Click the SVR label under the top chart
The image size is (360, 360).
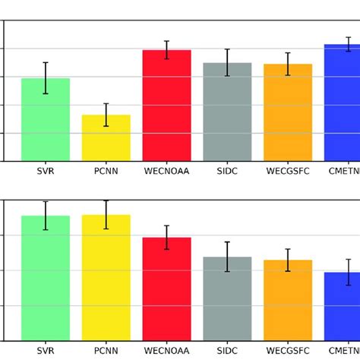point(46,172)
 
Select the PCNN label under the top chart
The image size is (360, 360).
point(106,172)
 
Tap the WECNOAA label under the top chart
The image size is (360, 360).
point(166,172)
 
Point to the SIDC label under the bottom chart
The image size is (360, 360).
point(227,352)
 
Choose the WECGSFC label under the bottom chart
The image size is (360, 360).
point(288,352)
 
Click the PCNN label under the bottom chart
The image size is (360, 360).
point(106,352)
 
